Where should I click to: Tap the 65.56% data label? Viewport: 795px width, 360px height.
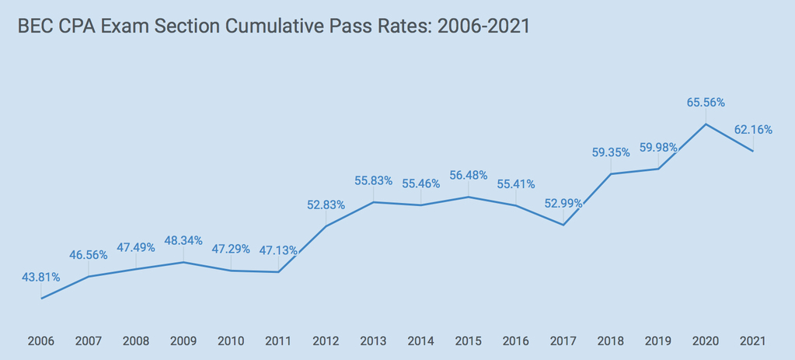point(706,102)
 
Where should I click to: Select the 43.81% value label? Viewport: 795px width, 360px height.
point(41,277)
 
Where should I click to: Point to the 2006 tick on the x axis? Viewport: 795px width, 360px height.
point(41,341)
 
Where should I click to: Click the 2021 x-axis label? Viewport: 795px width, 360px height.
point(753,341)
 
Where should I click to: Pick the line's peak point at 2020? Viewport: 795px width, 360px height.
point(706,124)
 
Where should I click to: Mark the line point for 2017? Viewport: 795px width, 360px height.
point(563,225)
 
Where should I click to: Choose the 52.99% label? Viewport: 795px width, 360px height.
point(563,204)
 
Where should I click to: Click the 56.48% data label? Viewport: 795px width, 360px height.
point(469,175)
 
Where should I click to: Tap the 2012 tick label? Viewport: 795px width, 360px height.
point(326,341)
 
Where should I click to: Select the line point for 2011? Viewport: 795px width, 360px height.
point(278,272)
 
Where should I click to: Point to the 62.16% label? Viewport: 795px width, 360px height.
point(753,130)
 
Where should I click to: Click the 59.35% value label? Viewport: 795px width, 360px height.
point(611,152)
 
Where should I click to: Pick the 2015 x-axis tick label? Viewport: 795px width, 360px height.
point(469,341)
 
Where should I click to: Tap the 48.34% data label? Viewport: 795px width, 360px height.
point(183,240)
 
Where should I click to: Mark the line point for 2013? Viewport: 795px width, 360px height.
point(373,202)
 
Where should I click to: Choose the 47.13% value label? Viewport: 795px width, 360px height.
point(278,250)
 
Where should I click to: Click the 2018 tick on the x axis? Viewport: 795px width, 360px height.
point(611,341)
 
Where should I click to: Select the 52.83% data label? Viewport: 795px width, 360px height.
point(326,204)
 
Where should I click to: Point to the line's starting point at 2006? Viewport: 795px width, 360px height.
point(41,298)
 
